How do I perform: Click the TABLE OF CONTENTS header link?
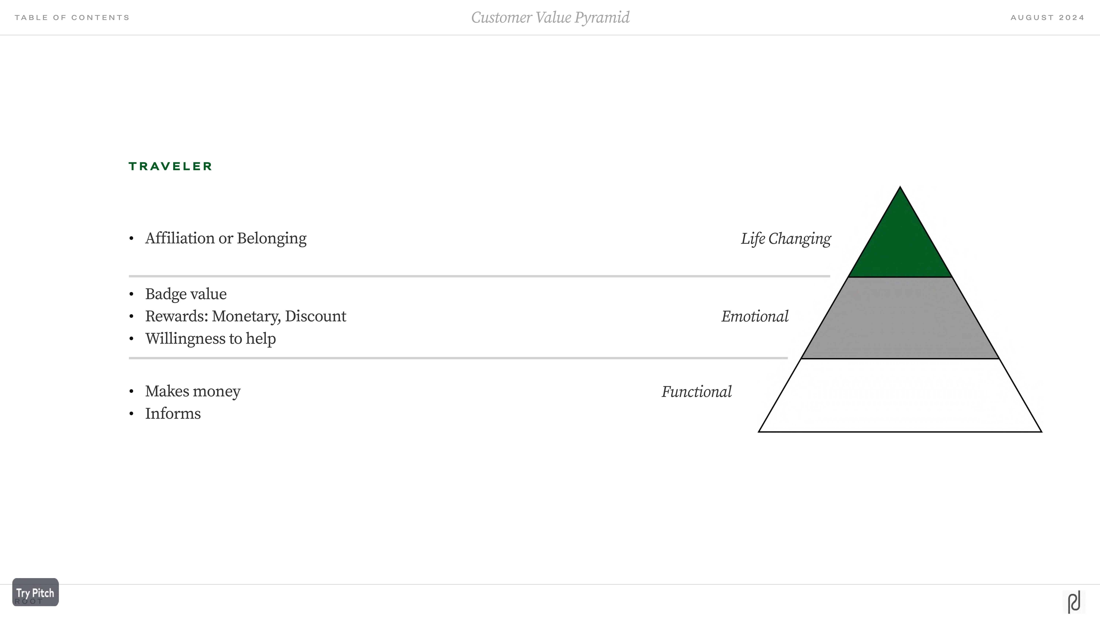[x=72, y=17]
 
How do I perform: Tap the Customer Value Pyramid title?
[x=550, y=17]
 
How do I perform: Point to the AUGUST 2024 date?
[x=1047, y=17]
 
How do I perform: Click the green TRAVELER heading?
[x=170, y=166]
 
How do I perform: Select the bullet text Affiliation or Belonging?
[x=225, y=238]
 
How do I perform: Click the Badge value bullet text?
[x=186, y=294]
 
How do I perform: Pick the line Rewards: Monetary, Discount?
[x=245, y=316]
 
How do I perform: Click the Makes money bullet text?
[x=192, y=391]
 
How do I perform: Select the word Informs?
[x=173, y=414]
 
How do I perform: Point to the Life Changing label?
[x=786, y=239]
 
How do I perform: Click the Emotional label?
[x=755, y=317]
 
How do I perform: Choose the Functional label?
[x=696, y=392]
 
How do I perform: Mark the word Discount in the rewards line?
[x=316, y=316]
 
